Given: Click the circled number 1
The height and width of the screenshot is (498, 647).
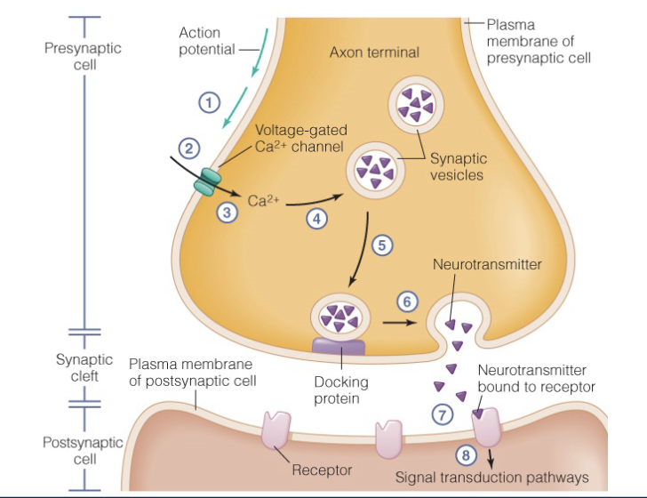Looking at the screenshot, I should pyautogui.click(x=209, y=103).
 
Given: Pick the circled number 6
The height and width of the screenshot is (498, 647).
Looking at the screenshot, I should pyautogui.click(x=406, y=301).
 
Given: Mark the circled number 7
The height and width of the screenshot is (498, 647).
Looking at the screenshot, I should pyautogui.click(x=441, y=414).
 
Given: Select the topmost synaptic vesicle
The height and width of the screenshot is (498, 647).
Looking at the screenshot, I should pyautogui.click(x=414, y=107).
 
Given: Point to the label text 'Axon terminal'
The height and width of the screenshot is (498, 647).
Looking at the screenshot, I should pyautogui.click(x=374, y=52).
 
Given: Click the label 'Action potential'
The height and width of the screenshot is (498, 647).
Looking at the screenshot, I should pyautogui.click(x=200, y=41).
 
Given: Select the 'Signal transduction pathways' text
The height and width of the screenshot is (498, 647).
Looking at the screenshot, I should pyautogui.click(x=491, y=478).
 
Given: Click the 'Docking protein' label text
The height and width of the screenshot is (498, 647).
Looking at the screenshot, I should pyautogui.click(x=341, y=390).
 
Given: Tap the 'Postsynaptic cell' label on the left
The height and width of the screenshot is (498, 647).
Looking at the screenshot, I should pyautogui.click(x=73, y=450).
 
